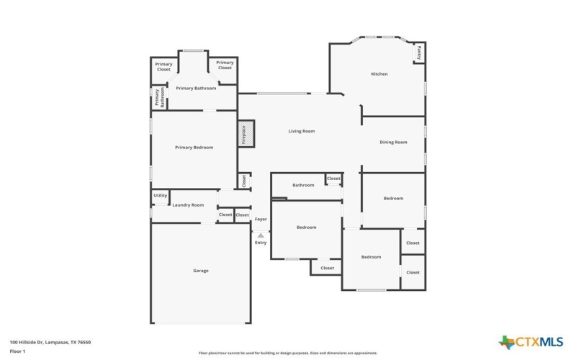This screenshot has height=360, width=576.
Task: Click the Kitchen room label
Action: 379,74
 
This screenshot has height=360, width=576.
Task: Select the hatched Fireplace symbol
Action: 244,135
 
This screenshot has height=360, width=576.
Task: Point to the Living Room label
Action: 302,131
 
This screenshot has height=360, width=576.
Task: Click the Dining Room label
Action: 393,142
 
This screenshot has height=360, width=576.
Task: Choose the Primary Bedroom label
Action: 194,147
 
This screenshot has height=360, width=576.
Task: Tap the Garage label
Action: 200,270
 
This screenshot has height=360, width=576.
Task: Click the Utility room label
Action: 160,195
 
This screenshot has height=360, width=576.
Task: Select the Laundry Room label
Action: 188,205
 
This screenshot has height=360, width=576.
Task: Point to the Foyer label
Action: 261,219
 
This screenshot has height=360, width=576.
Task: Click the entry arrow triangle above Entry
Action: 261,235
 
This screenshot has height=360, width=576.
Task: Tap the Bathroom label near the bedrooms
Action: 303,185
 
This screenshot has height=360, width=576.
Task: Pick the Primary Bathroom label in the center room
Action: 196,88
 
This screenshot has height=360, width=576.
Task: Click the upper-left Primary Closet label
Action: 164,67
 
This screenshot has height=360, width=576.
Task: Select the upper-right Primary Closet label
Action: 225,65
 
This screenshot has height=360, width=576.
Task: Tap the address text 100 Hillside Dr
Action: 50,342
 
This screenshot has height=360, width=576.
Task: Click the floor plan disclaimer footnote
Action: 287,354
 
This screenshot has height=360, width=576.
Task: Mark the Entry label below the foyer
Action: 261,243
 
